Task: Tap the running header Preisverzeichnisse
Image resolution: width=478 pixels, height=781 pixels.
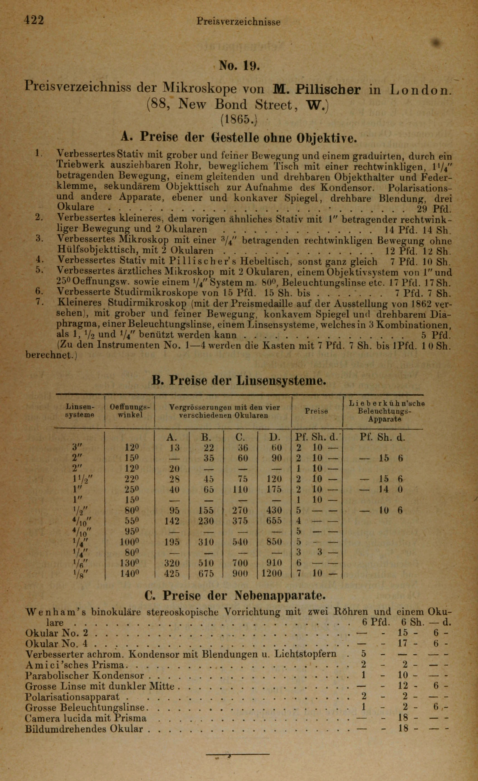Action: point(238,22)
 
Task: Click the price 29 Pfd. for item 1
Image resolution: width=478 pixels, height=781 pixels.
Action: point(433,209)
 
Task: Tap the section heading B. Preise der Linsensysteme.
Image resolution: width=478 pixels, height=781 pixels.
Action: point(239,381)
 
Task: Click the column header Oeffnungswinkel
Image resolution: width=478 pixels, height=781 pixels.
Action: point(130,411)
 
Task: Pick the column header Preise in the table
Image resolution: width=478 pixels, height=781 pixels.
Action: point(316,411)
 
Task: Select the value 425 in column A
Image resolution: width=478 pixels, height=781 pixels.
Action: point(172,573)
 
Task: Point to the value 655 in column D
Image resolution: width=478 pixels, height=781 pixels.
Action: point(273,521)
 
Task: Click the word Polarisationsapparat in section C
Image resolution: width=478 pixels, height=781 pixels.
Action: point(72,697)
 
